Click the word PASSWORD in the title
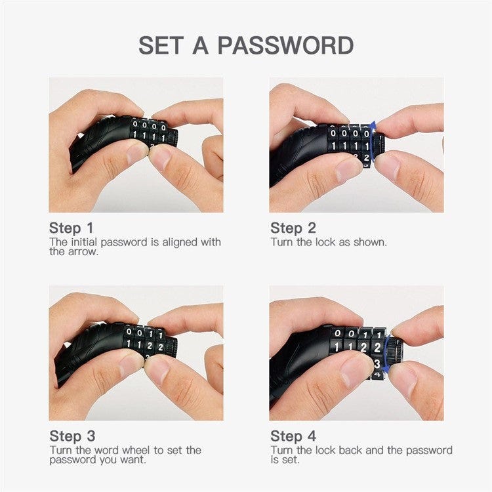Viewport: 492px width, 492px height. [285, 45]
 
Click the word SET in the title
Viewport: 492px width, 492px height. [161, 45]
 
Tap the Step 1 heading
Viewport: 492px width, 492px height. [72, 228]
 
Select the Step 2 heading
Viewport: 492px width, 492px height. [293, 228]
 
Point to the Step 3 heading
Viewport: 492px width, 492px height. [72, 436]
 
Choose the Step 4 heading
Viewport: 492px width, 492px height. [293, 436]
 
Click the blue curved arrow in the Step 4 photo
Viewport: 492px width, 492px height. [386, 354]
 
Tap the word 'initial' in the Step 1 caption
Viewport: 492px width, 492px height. [84, 242]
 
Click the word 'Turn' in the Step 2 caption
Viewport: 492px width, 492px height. [281, 242]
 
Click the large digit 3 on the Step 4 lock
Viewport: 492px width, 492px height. [377, 364]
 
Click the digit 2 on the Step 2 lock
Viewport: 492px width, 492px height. [366, 158]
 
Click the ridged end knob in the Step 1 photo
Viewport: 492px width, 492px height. [173, 137]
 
